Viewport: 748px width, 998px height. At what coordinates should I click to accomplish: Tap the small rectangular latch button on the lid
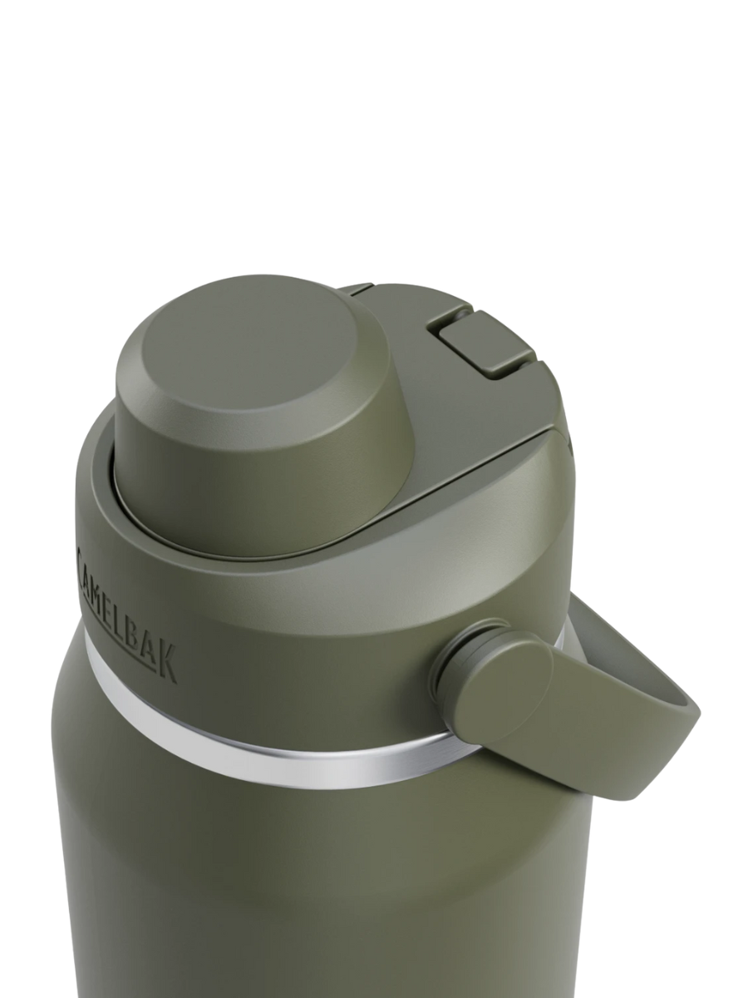[485, 344]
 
